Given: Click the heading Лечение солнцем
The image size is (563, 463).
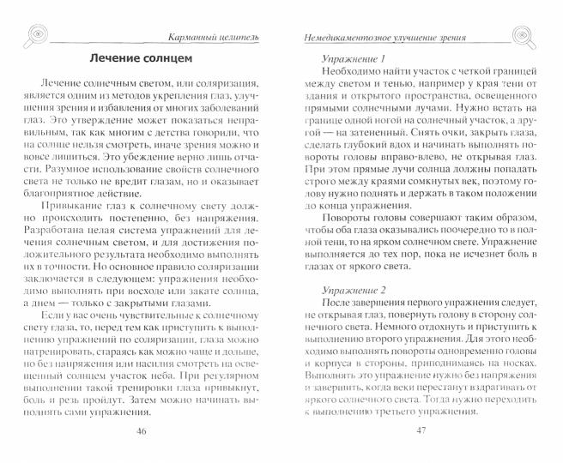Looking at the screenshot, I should pyautogui.click(x=142, y=58).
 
